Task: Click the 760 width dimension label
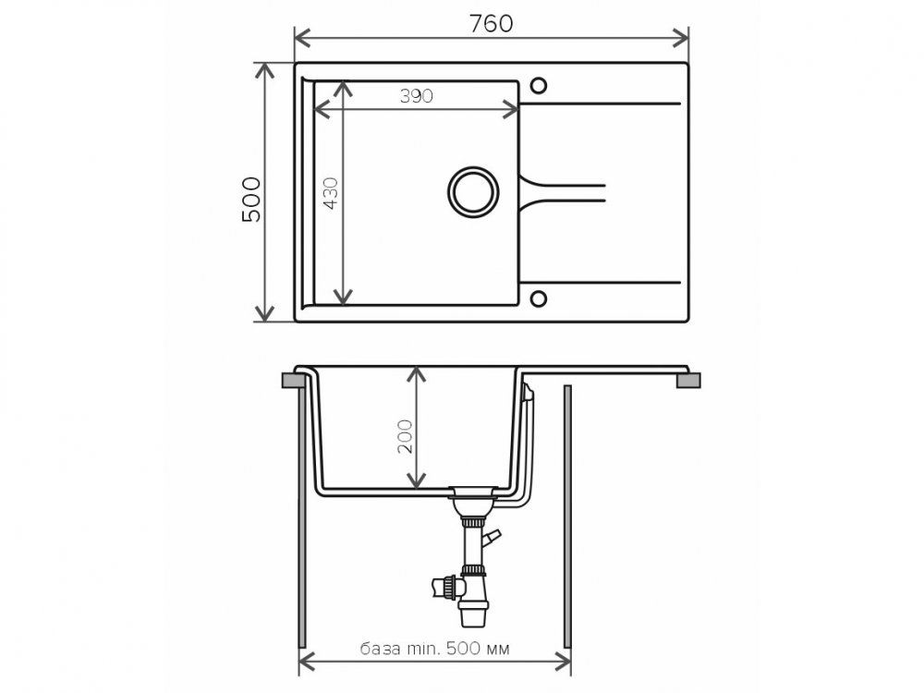[491, 24]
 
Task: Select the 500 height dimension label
[251, 200]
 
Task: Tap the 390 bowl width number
[417, 96]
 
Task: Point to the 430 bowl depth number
[331, 193]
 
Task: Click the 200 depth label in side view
[405, 436]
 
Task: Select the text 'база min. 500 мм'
[435, 649]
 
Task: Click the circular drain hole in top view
[473, 192]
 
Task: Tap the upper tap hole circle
[538, 86]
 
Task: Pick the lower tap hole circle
[538, 298]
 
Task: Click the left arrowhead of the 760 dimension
[302, 38]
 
